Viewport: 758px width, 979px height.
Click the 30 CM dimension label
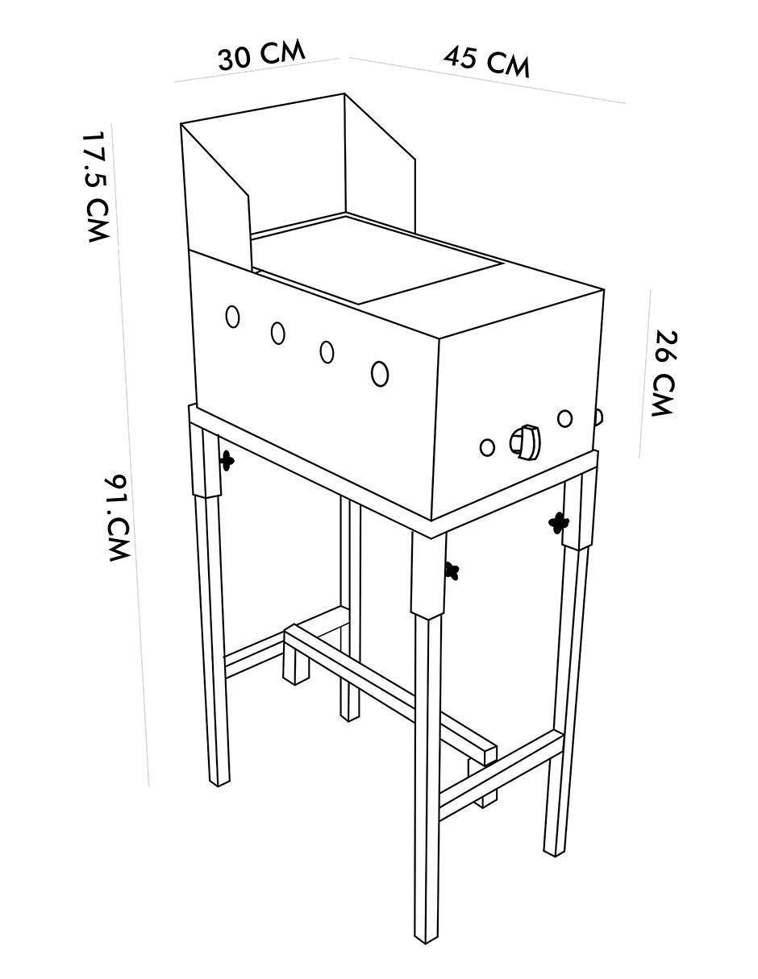[x=261, y=56]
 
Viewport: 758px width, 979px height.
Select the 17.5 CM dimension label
[x=94, y=187]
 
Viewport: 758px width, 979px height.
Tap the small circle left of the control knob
[x=487, y=447]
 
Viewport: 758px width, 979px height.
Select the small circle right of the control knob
[x=564, y=418]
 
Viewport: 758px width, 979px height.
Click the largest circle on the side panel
[x=380, y=374]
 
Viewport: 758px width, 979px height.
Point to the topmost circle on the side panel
[x=232, y=317]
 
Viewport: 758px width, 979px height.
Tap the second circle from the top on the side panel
[x=278, y=334]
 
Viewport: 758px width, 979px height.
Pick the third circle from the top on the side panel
[x=327, y=352]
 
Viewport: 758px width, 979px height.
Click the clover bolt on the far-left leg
[x=227, y=460]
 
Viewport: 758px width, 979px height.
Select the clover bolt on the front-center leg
[x=451, y=570]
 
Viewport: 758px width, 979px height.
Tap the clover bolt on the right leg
[x=558, y=523]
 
